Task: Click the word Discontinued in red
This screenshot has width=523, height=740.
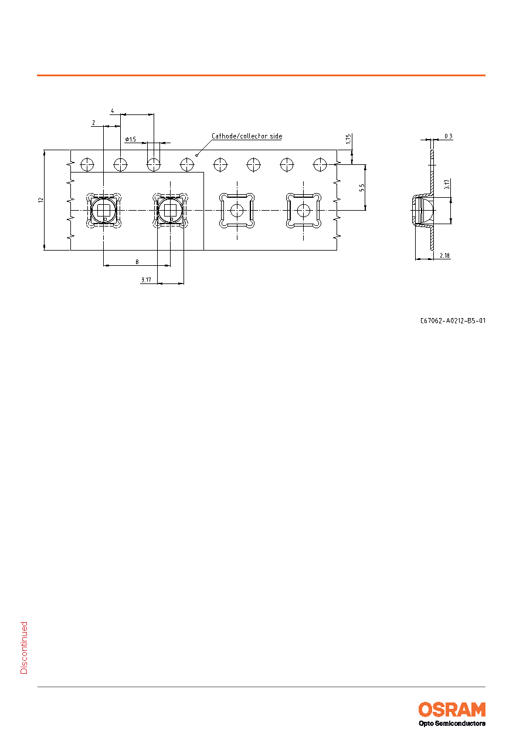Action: (24, 648)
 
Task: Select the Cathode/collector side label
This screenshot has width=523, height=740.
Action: (247, 136)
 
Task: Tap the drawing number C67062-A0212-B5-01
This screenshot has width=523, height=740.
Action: (453, 320)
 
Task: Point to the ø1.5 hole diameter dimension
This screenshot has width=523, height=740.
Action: (130, 140)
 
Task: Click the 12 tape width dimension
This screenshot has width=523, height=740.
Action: (40, 200)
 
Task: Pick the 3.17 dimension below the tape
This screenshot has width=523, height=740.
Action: (146, 280)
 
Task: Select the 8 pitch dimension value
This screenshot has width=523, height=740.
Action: (137, 262)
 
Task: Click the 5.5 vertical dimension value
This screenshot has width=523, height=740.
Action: (362, 187)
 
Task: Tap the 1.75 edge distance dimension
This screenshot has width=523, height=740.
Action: (348, 138)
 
